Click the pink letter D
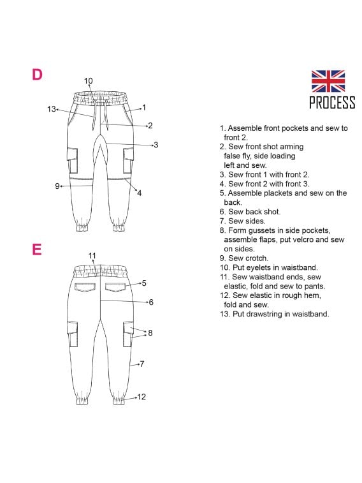pos(37,75)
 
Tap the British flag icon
pos(328,81)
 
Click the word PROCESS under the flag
pos(331,103)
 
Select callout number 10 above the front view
pos(88,81)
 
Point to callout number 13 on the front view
pos(52,109)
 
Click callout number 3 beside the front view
pos(156,145)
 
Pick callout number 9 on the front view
pos(57,186)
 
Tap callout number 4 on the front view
pos(139,193)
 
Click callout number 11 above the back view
pos(92,256)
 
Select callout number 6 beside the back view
pos(150,302)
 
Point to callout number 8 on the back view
pos(150,332)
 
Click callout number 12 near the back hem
pos(141,397)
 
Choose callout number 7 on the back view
pos(141,364)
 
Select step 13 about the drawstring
pos(274,313)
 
